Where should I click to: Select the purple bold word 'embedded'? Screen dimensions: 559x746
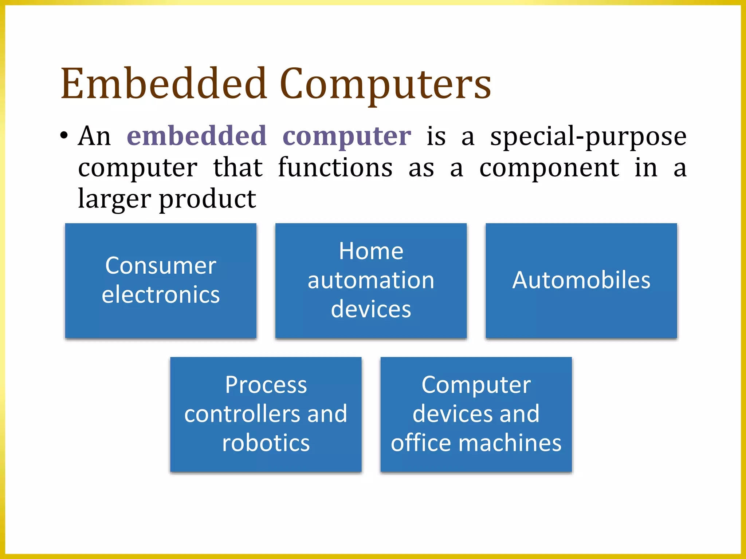pyautogui.click(x=197, y=136)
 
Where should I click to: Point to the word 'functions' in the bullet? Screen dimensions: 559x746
pyautogui.click(x=335, y=168)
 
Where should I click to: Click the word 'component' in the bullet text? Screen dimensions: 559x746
pyautogui.click(x=549, y=168)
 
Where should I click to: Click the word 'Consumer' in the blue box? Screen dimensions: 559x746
pyautogui.click(x=161, y=266)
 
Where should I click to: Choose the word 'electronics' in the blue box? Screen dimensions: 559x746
pyautogui.click(x=161, y=294)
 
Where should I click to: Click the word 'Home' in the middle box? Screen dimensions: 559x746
pyautogui.click(x=371, y=251)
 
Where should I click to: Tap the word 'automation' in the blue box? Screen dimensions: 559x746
pyautogui.click(x=371, y=280)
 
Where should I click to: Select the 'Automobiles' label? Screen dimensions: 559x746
pyautogui.click(x=581, y=280)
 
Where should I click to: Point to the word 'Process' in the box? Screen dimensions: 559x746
pyautogui.click(x=266, y=385)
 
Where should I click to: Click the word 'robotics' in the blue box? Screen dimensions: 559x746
pyautogui.click(x=266, y=443)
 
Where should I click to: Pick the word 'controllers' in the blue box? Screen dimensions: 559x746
pyautogui.click(x=242, y=414)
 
